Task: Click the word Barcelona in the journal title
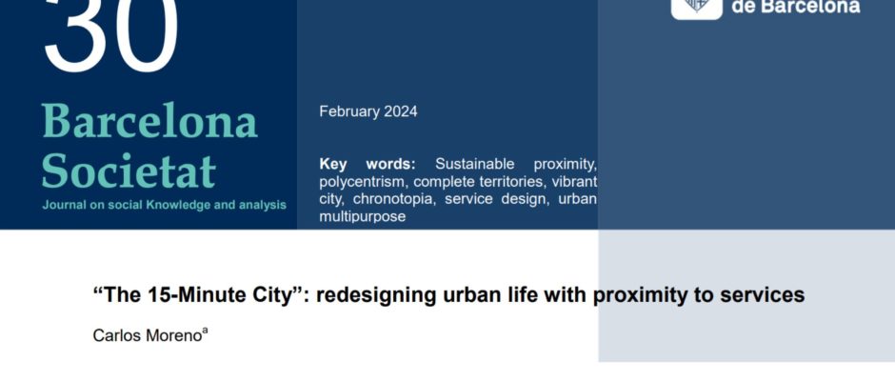(x=149, y=121)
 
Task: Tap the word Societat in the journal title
(x=129, y=170)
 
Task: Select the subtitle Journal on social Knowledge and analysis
(x=165, y=205)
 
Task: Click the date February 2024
(x=368, y=111)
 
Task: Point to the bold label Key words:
(x=368, y=165)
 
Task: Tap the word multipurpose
(x=363, y=217)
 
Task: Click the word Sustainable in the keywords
(x=474, y=165)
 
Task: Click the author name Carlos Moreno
(x=148, y=336)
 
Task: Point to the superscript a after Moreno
(x=205, y=331)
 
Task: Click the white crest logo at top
(x=696, y=8)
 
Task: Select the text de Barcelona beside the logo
(x=796, y=7)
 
